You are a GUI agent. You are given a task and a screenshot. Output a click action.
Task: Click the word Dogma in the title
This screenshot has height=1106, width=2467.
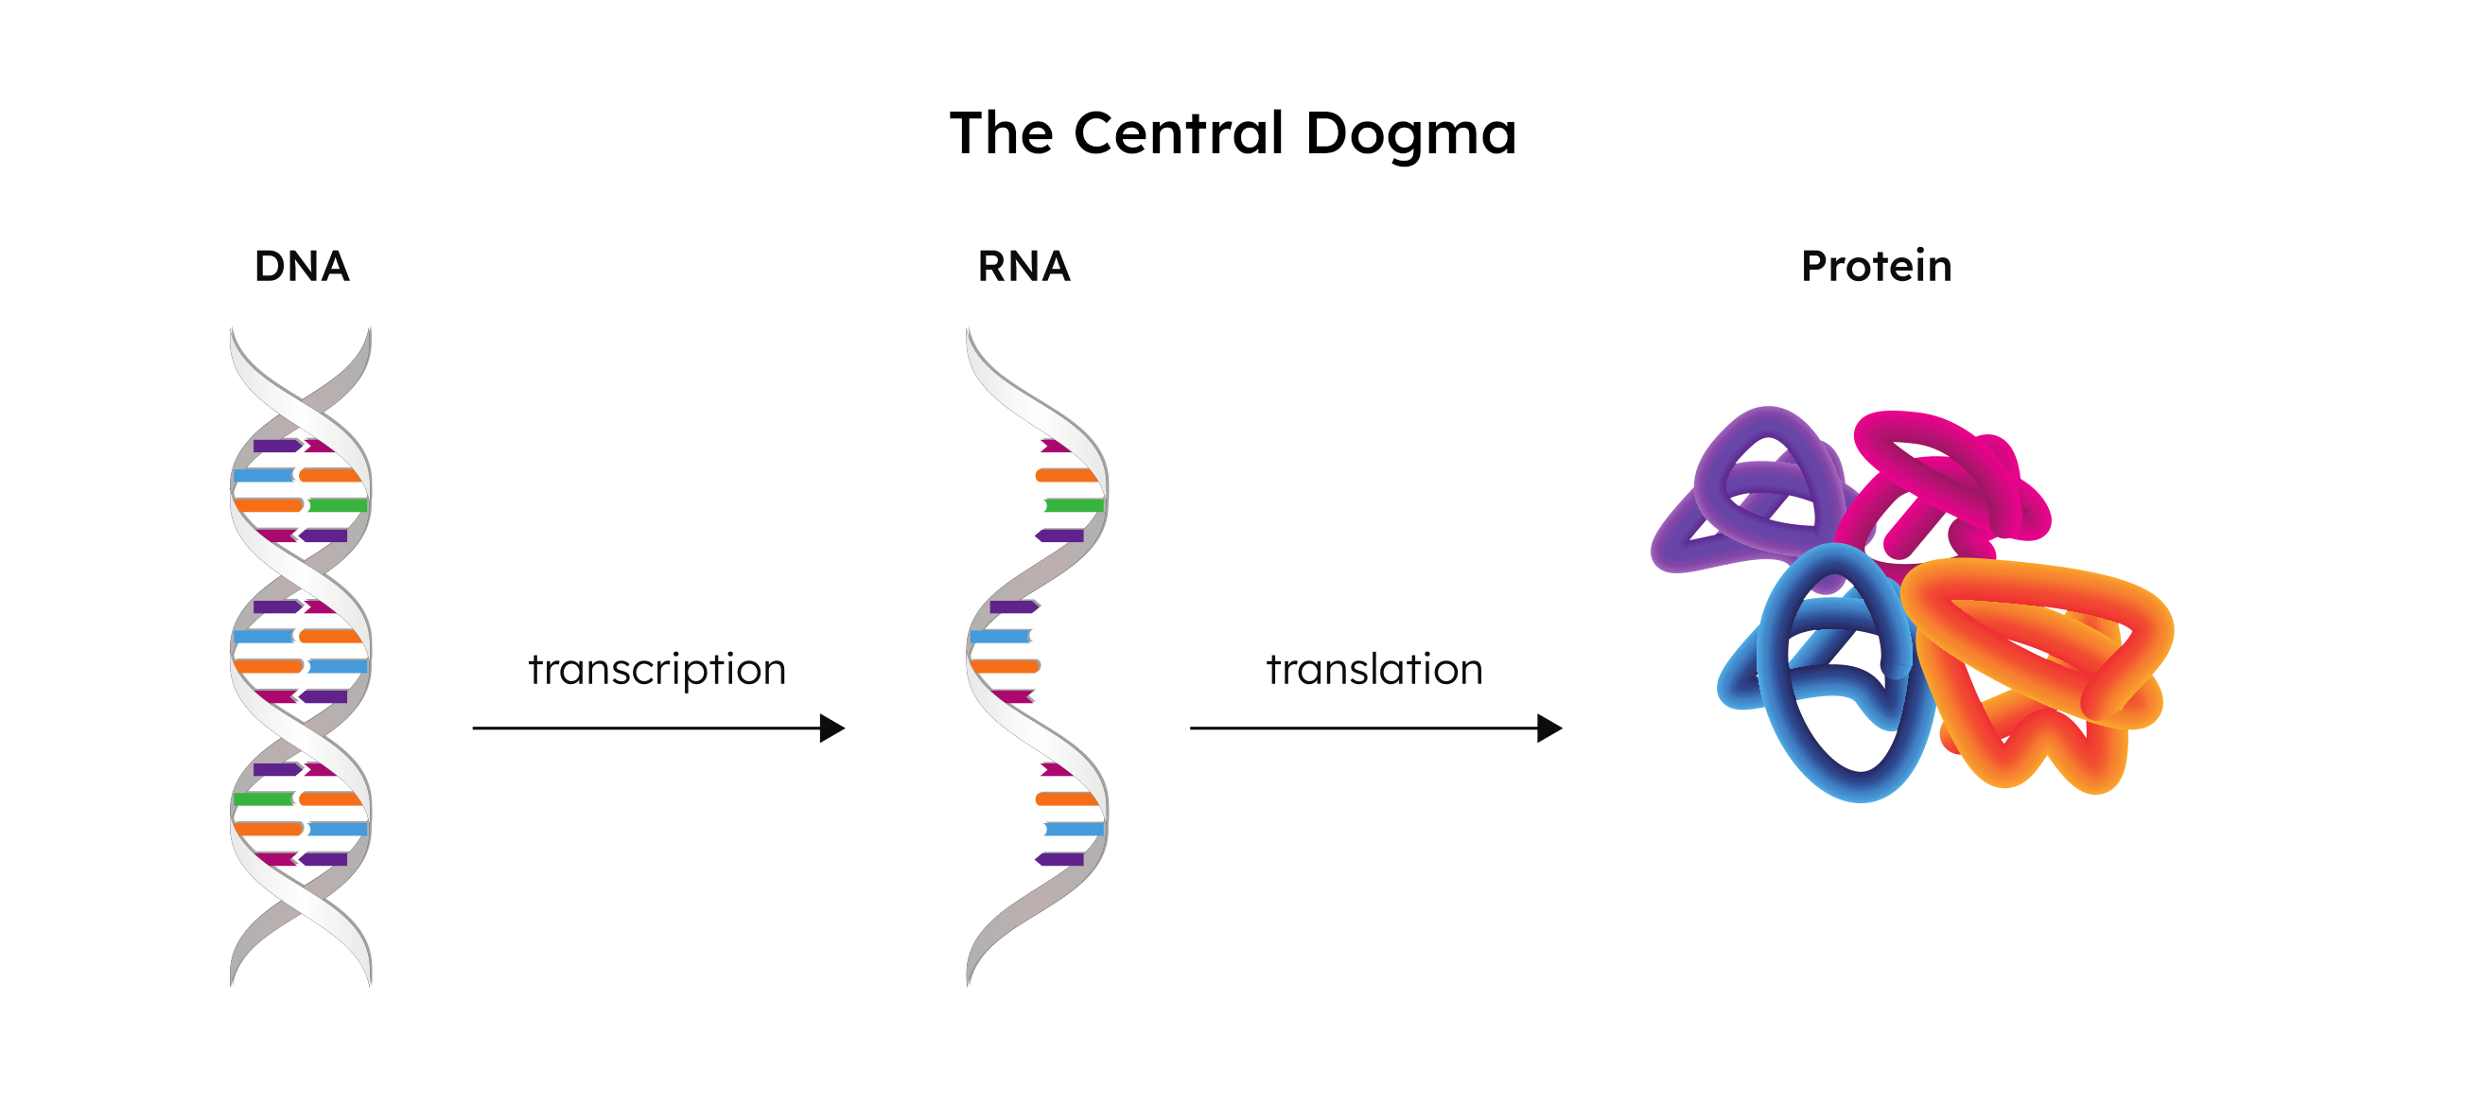click(x=1410, y=134)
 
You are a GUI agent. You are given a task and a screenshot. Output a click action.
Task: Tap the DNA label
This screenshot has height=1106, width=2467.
click(x=302, y=266)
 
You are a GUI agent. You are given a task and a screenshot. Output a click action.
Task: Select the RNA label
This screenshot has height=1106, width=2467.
click(x=1023, y=266)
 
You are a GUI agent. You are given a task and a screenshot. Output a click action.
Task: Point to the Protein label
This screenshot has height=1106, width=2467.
click(x=1875, y=266)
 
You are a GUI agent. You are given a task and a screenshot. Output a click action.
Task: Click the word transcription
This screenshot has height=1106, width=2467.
click(x=657, y=669)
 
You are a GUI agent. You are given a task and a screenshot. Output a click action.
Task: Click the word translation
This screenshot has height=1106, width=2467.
click(x=1374, y=669)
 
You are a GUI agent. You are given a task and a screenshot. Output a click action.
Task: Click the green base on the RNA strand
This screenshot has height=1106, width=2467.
click(x=1074, y=504)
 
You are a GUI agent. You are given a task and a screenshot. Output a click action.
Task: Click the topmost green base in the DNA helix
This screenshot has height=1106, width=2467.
click(x=337, y=504)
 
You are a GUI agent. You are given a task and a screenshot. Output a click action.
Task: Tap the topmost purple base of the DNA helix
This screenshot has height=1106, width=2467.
click(x=276, y=446)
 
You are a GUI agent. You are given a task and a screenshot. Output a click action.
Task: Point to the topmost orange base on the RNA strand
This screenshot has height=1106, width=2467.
click(x=1065, y=475)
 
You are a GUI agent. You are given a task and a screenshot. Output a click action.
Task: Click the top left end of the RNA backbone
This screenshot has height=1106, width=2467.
click(x=970, y=335)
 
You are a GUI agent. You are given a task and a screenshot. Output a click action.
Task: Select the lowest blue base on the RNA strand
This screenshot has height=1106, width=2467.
click(x=1074, y=829)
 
